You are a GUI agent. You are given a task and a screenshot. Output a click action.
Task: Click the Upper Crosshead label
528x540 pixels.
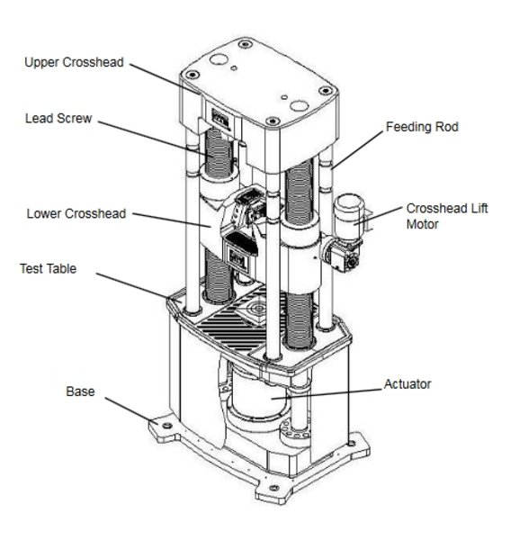74,62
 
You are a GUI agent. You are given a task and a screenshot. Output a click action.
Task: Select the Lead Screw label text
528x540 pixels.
58,119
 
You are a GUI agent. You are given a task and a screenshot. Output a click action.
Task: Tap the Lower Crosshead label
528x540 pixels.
76,213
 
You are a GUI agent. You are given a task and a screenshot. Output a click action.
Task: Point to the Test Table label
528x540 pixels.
49,268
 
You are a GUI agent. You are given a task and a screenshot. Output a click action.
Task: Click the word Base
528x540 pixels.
80,391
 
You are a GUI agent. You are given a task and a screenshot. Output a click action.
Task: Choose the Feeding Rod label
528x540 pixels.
422,127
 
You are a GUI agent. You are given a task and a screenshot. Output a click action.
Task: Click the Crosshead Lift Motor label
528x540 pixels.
447,216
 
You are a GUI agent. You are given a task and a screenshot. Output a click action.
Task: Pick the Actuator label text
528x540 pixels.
407,384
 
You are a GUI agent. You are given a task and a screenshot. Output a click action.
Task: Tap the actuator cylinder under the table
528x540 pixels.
258,392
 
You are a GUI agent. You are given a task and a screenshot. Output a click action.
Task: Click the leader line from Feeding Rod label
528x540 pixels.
357,149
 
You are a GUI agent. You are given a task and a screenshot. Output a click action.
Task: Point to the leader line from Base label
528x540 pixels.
131,410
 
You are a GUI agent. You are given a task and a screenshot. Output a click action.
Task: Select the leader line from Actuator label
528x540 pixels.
327,394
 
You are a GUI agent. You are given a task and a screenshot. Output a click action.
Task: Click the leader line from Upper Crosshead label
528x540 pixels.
165,79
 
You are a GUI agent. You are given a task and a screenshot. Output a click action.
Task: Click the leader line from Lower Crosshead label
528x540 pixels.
172,220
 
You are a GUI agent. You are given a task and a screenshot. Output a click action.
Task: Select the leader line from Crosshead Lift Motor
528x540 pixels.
378,216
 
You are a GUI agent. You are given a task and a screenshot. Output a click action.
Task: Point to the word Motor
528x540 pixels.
423,224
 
